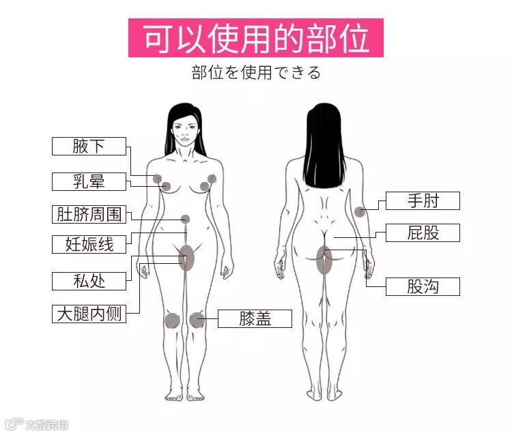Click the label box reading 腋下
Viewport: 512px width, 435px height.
tap(89, 146)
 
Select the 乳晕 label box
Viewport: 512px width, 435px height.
tap(89, 181)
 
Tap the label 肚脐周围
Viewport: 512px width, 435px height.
tap(89, 214)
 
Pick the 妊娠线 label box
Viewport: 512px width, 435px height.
tap(89, 244)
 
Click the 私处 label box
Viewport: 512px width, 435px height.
tap(89, 280)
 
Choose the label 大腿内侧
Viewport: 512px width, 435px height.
tap(89, 314)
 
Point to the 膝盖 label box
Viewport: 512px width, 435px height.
tap(255, 318)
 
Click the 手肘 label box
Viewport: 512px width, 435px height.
tap(423, 200)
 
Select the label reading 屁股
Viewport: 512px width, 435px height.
tap(423, 232)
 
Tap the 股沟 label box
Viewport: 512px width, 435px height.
tap(423, 286)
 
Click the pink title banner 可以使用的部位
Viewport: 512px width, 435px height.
tap(255, 37)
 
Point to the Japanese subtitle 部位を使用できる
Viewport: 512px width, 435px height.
tap(255, 72)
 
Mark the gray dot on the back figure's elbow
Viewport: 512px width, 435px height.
tap(360, 211)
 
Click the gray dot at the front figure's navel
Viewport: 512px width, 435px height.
tap(185, 219)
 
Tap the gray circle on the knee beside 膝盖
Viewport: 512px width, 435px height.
tap(198, 319)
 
